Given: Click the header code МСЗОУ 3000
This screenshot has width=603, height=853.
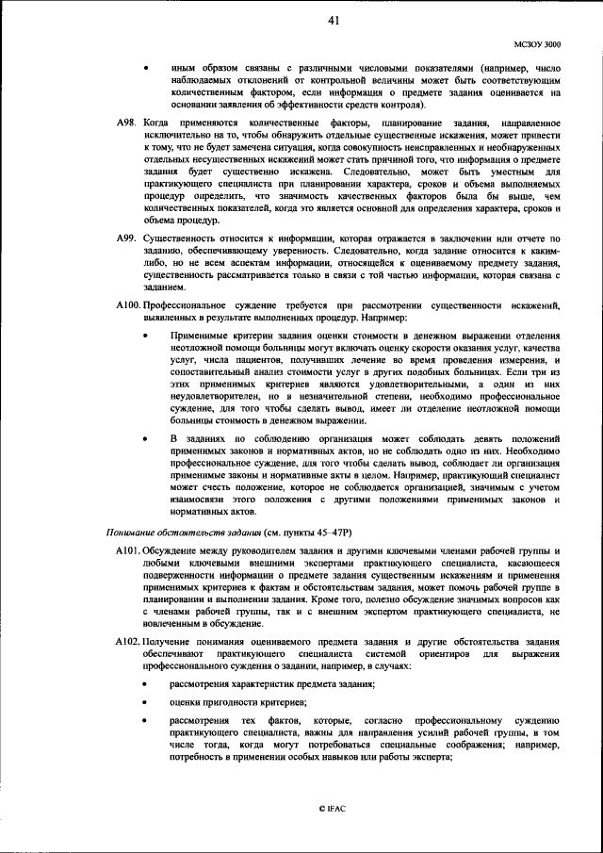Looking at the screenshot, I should (537, 43).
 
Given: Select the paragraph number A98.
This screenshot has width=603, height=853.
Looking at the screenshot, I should (127, 124).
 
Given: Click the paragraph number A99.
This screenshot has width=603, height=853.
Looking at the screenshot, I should (127, 240).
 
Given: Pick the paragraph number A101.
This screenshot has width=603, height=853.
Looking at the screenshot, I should (128, 550).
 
